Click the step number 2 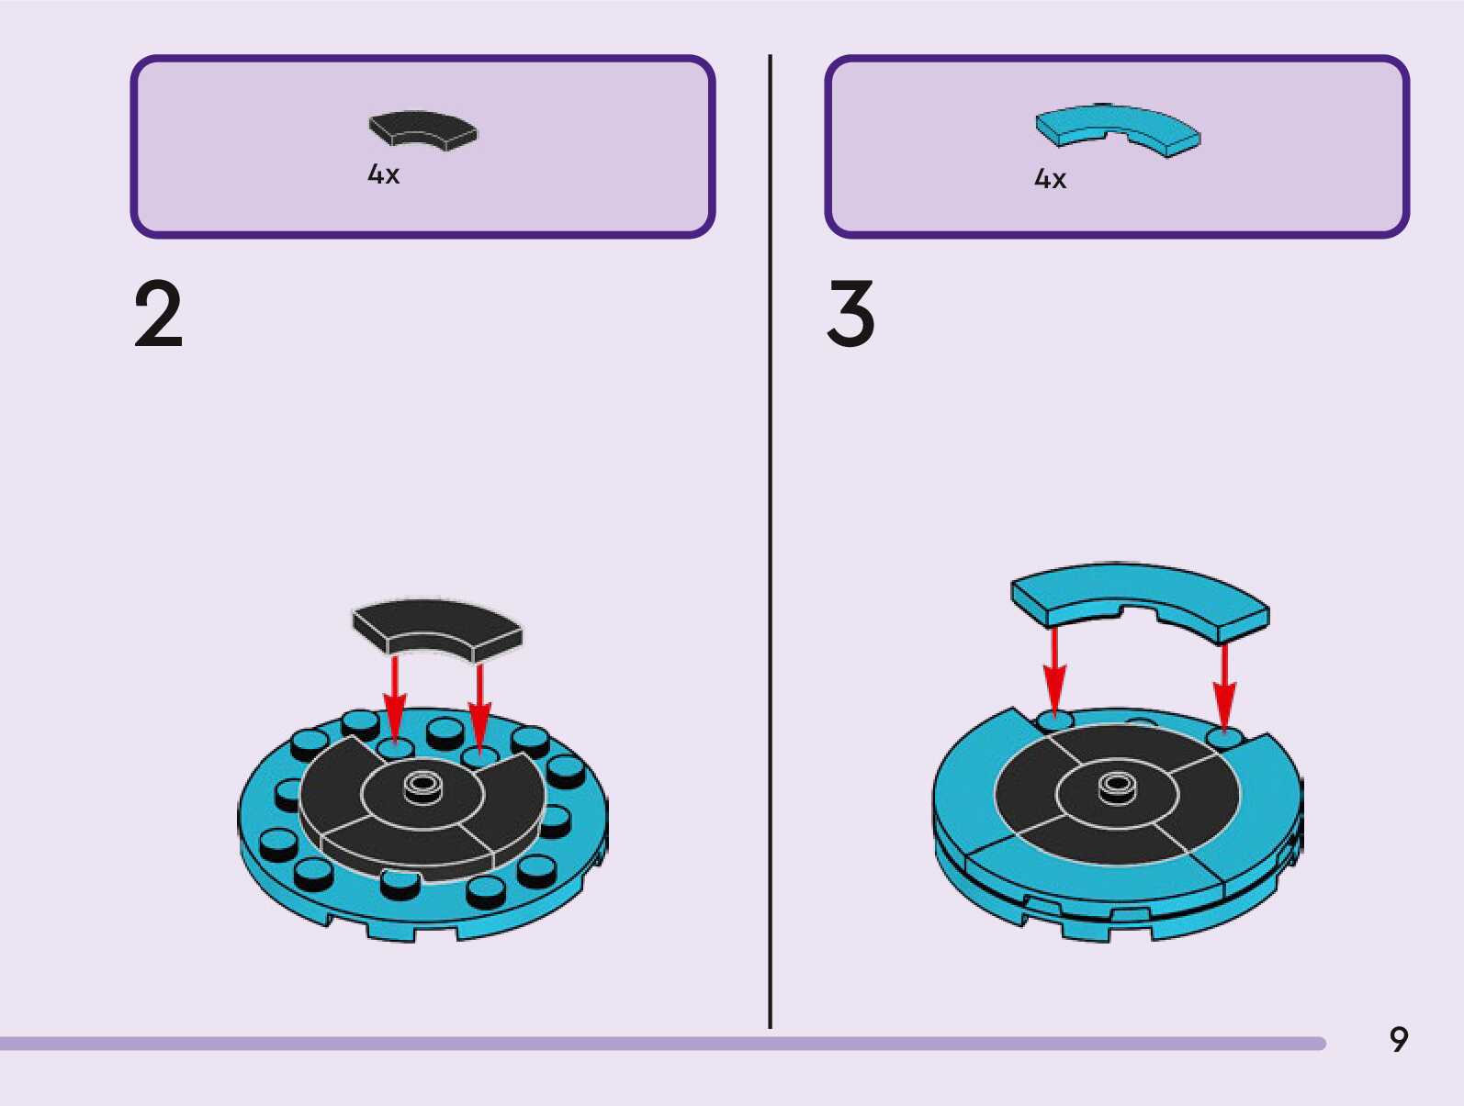[x=158, y=315]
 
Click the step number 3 [x=850, y=315]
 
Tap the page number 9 [x=1398, y=1040]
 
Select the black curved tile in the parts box [x=422, y=129]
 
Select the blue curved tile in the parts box [x=1117, y=128]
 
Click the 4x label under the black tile [x=383, y=174]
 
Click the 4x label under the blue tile [x=1050, y=179]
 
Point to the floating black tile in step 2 [x=436, y=628]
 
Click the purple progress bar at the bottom [x=661, y=1044]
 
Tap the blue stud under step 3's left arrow [x=1053, y=721]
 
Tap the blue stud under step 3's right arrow [x=1223, y=737]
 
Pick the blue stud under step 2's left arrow [x=396, y=749]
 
